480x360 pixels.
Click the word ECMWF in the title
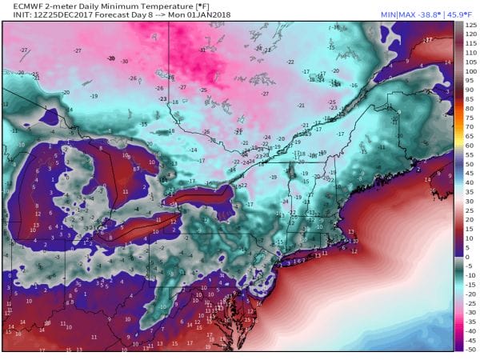coord(18,6)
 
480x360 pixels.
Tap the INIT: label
coord(13,16)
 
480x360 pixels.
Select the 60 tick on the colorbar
coord(470,145)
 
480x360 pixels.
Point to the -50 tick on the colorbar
coord(470,349)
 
